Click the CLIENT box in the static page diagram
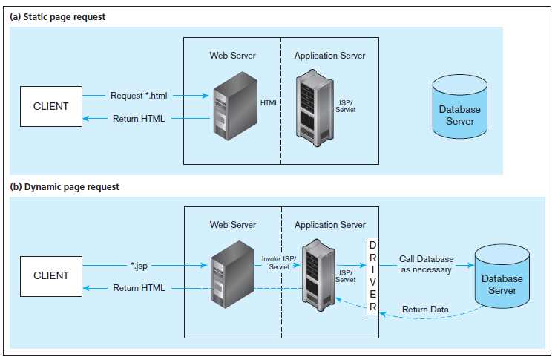click(50, 106)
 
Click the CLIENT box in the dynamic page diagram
click(50, 275)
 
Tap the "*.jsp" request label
click(139, 265)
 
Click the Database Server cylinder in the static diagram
click(459, 110)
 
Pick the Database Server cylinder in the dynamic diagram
click(502, 280)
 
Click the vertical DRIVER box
click(372, 276)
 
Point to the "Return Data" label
click(424, 310)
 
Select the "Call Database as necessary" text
click(426, 265)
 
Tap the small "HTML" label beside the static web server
click(269, 103)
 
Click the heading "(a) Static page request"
click(58, 17)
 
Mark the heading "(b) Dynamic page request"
click(64, 187)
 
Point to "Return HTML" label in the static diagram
click(139, 119)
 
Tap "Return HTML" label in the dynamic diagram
click(139, 288)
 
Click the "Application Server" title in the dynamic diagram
click(329, 225)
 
